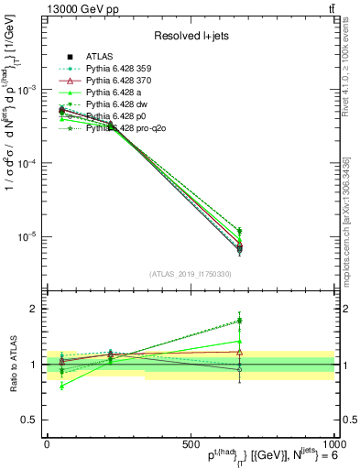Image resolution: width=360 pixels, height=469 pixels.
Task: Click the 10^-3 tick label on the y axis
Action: [26, 90]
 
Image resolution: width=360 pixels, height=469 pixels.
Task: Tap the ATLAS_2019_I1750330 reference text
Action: [191, 273]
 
